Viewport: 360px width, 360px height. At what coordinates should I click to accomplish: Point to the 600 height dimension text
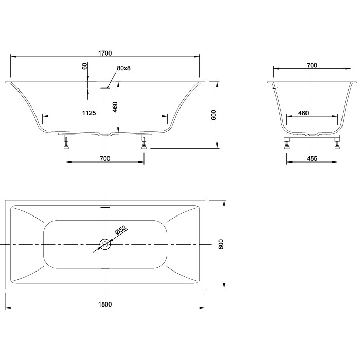[x=214, y=115]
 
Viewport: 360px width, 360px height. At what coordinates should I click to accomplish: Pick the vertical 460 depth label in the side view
[x=115, y=107]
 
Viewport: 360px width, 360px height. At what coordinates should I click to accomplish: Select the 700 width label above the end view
[x=312, y=65]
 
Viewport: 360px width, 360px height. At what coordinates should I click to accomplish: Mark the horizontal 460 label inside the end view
[x=303, y=113]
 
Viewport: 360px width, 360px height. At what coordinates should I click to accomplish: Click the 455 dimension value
[x=312, y=159]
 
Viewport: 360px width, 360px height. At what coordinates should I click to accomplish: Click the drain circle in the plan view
[x=105, y=244]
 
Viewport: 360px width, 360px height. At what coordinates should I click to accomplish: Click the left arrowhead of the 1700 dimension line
[x=12, y=56]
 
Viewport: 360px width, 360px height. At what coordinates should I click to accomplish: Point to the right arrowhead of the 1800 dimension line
[x=204, y=308]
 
